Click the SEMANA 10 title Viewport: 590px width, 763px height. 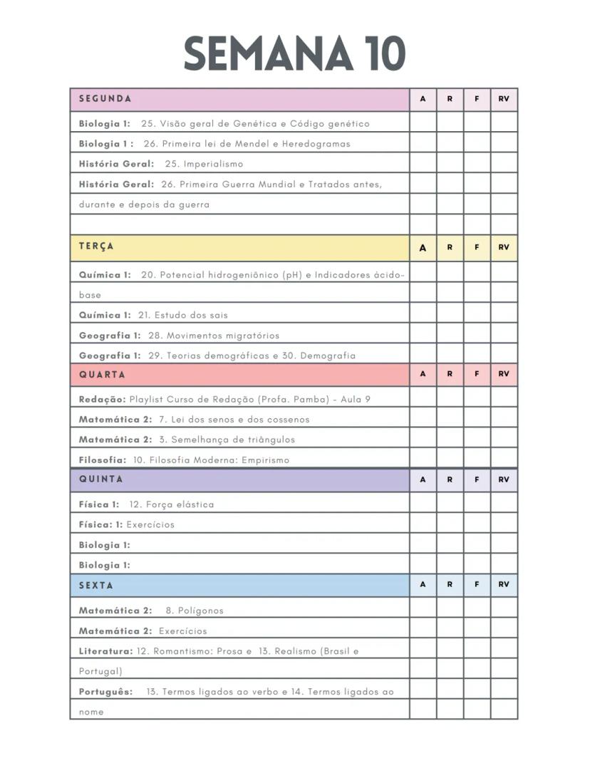click(x=294, y=54)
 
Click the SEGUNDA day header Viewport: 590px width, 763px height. click(x=105, y=99)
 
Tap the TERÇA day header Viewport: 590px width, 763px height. click(x=97, y=246)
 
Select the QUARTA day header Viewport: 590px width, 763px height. click(x=102, y=375)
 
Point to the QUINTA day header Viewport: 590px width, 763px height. click(x=101, y=479)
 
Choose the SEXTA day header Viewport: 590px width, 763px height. click(x=96, y=585)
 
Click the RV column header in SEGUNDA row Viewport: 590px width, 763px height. click(x=504, y=99)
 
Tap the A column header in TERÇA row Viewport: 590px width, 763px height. click(x=423, y=248)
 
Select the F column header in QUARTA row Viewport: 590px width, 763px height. click(x=477, y=374)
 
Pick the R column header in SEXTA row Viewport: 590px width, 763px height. click(x=450, y=584)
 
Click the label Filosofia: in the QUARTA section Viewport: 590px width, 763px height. click(x=103, y=460)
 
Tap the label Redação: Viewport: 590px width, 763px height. click(x=102, y=400)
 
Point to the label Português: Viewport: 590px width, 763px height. click(x=105, y=692)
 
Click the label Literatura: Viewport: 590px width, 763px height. click(x=105, y=651)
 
